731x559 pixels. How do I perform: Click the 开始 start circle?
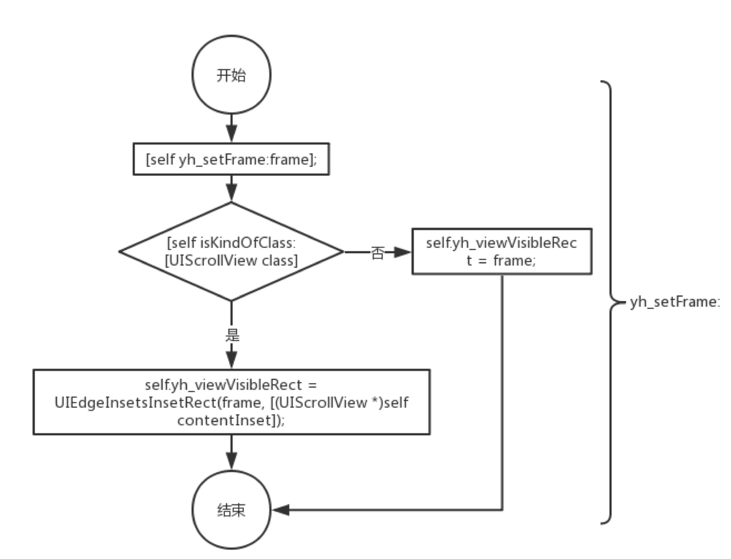coord(231,75)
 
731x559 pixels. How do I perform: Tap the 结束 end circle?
coord(231,510)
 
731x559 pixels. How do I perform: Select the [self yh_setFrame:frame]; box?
coord(231,159)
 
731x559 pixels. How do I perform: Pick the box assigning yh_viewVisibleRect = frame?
coord(502,251)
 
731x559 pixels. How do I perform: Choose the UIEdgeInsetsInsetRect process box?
coord(232,402)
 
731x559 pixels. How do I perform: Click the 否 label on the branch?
coord(378,253)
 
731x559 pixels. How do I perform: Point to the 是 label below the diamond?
coord(232,335)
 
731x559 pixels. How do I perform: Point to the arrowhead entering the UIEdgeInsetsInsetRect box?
coord(232,360)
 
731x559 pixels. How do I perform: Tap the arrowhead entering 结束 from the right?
coord(281,510)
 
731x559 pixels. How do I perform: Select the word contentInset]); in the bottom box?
coord(231,420)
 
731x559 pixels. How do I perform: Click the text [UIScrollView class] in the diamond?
coord(231,260)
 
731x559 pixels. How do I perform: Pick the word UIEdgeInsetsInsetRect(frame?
coord(158,402)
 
